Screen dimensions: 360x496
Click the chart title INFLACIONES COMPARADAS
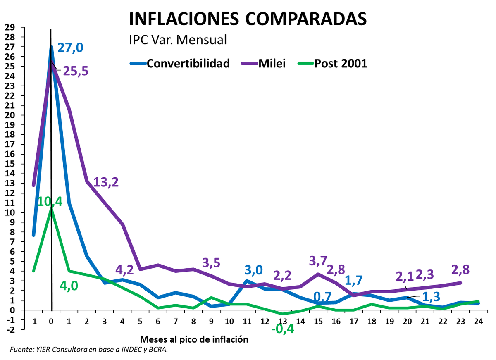pyautogui.click(x=248, y=19)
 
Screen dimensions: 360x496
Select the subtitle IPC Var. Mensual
pyautogui.click(x=178, y=40)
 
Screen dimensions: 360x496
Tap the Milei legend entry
pyautogui.click(x=271, y=63)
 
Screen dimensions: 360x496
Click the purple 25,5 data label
pyautogui.click(x=76, y=71)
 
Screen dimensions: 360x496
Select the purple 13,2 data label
pyautogui.click(x=106, y=182)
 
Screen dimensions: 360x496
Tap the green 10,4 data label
pyautogui.click(x=50, y=201)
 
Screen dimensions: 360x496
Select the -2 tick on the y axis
pyautogui.click(x=9, y=329)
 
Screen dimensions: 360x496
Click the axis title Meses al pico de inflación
pyautogui.click(x=195, y=340)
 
